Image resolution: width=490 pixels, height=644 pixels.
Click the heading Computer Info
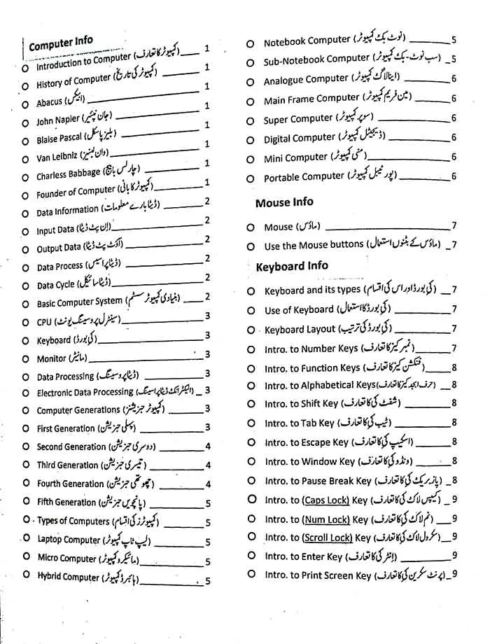point(60,44)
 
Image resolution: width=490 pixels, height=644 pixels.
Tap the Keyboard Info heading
point(291,266)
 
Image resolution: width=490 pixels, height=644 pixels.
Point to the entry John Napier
point(58,120)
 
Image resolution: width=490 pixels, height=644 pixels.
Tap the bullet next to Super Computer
point(250,120)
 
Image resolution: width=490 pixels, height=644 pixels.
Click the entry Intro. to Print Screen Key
point(318,575)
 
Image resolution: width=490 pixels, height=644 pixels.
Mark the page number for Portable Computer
point(454,176)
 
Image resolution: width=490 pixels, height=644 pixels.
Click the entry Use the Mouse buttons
point(314,246)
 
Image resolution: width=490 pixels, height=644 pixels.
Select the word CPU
point(44,323)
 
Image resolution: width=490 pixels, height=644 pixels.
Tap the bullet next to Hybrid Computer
point(24,576)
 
